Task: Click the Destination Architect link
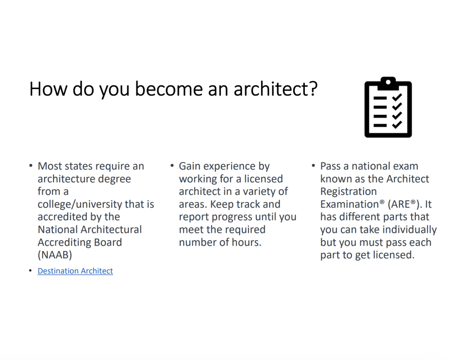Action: [75, 271]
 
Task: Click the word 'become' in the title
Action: [169, 89]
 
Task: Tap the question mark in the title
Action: [313, 88]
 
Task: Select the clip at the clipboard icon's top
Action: [388, 83]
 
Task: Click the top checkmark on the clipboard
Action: [397, 97]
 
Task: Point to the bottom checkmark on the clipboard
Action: [397, 124]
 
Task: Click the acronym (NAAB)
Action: [55, 255]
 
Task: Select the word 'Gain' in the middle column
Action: [189, 166]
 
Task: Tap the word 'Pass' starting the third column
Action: [330, 166]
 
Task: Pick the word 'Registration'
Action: [348, 191]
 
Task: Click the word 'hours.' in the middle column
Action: [246, 242]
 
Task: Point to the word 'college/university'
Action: [80, 204]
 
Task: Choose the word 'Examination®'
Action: [352, 204]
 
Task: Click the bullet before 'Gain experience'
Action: [172, 165]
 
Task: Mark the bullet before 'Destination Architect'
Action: [30, 271]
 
